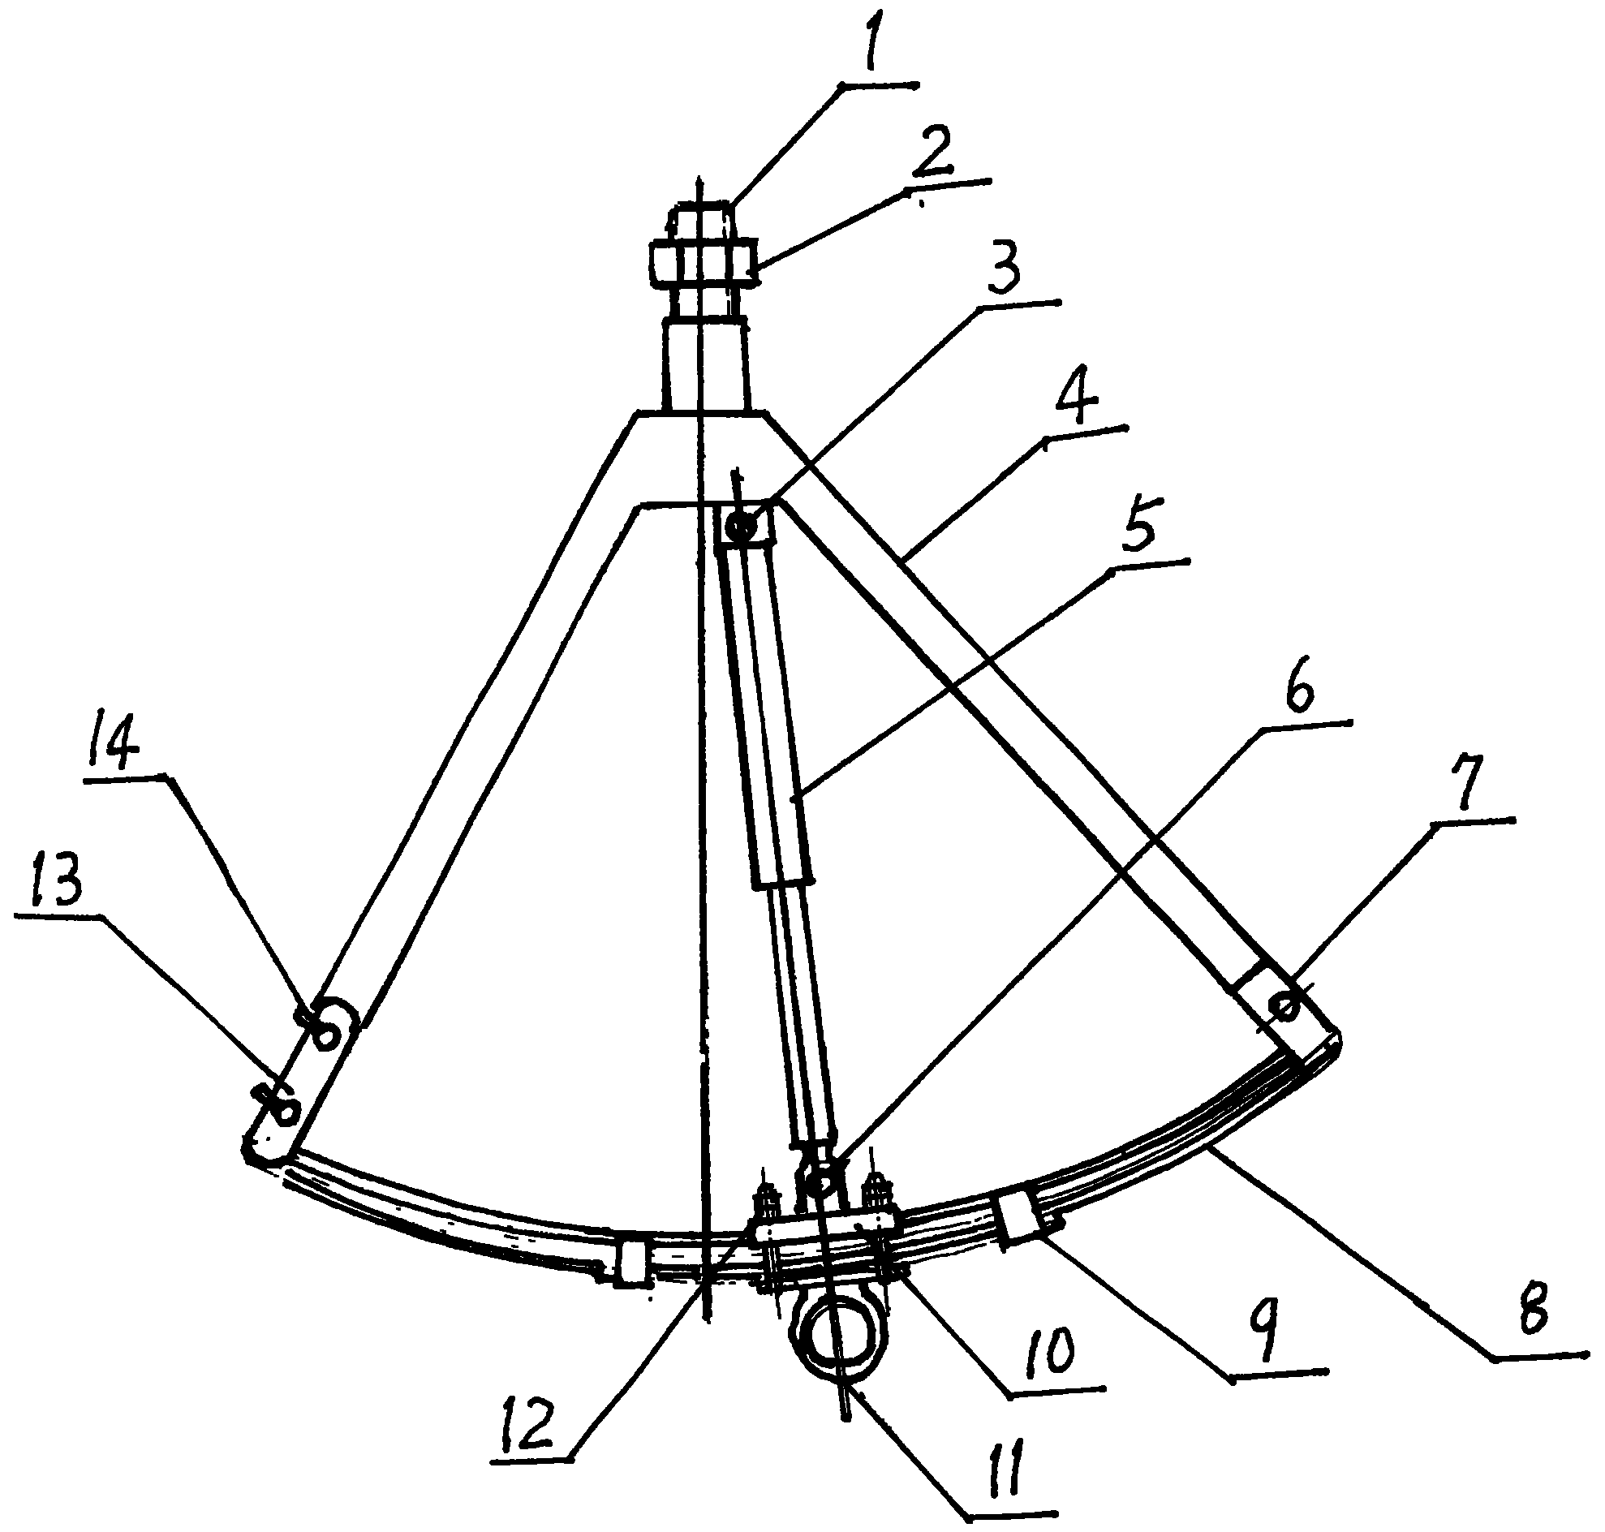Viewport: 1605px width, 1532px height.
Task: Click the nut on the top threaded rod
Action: coord(705,264)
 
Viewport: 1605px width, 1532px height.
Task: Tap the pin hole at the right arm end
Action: coord(1284,1006)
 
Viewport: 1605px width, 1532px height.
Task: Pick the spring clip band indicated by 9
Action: coord(1018,1218)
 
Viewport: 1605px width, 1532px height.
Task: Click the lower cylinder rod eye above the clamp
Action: coord(820,1177)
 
